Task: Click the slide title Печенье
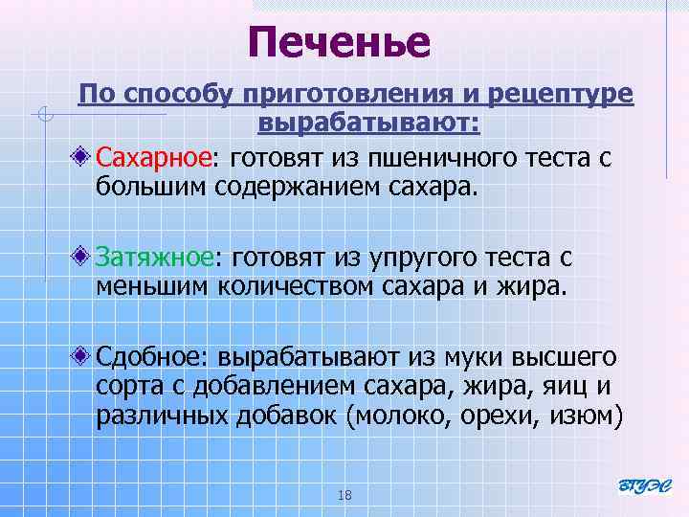click(x=340, y=41)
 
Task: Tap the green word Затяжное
click(x=154, y=257)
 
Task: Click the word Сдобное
click(x=153, y=357)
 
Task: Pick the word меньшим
click(x=153, y=284)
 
